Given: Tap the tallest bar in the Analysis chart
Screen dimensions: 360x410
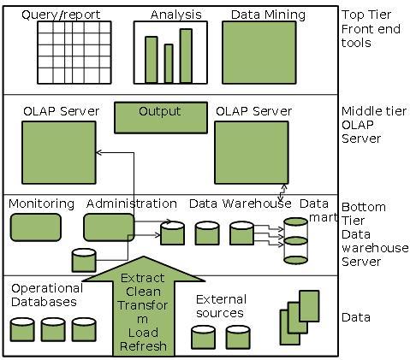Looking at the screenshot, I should [187, 54].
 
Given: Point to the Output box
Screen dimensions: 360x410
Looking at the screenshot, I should [159, 117].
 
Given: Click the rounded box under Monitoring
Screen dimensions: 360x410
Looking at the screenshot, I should [35, 227].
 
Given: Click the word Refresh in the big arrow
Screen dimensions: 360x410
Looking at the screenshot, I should [143, 346].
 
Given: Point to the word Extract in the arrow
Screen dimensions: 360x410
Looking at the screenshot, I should [143, 278].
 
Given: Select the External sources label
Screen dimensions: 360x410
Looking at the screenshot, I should [221, 306].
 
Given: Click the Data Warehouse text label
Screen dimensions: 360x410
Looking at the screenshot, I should [240, 204].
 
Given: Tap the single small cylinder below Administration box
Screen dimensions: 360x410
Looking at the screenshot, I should [83, 260].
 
